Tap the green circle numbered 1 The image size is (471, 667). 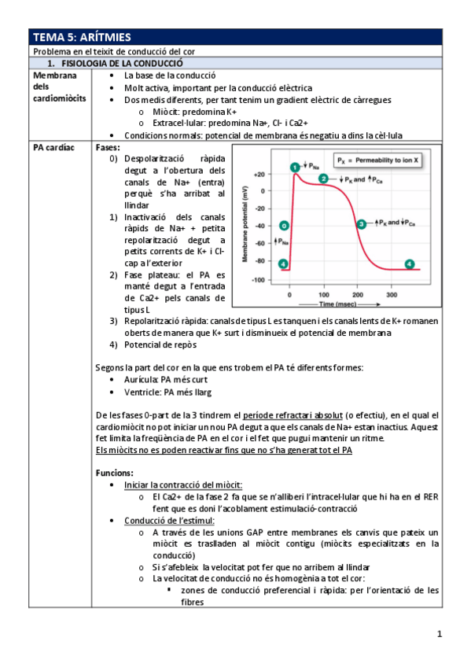293,167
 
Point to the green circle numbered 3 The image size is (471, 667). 361,224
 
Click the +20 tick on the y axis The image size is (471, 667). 259,173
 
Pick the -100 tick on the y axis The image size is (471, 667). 258,280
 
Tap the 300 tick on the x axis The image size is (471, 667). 392,293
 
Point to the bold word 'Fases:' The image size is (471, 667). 108,148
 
